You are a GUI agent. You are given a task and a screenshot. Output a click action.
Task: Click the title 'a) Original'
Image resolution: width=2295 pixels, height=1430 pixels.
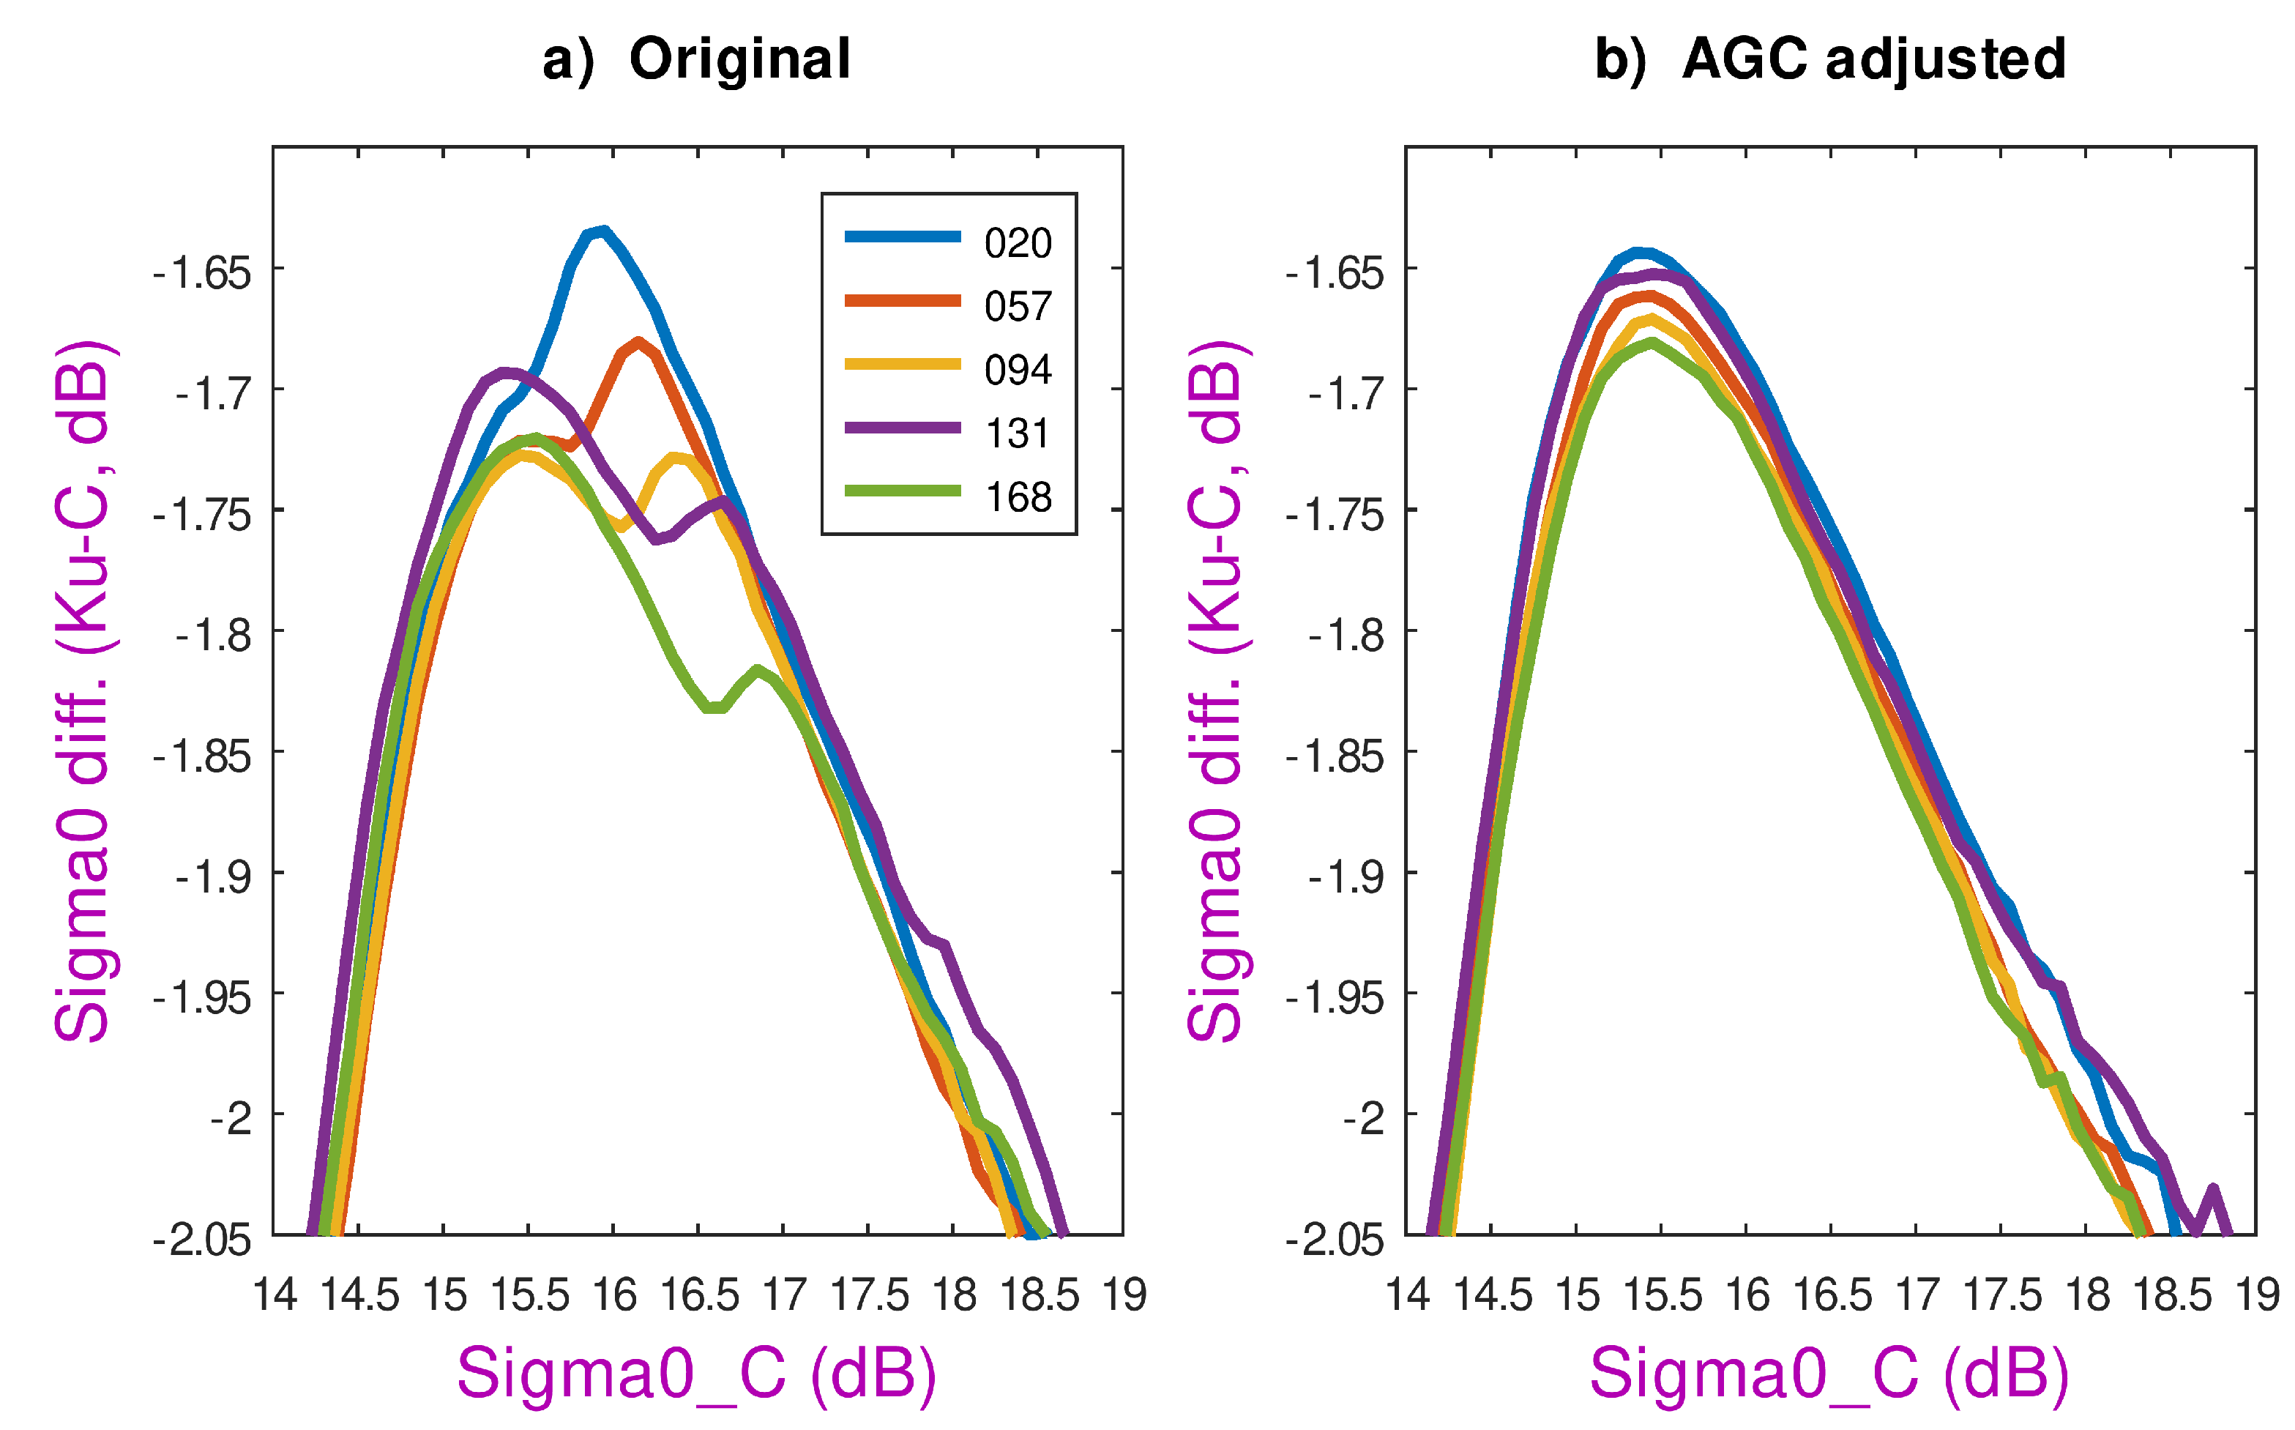pyautogui.click(x=697, y=59)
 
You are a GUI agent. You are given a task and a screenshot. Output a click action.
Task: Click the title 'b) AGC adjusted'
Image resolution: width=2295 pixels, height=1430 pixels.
pyautogui.click(x=1829, y=59)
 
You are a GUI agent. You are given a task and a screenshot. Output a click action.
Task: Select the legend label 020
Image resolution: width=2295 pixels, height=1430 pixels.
pyautogui.click(x=1018, y=244)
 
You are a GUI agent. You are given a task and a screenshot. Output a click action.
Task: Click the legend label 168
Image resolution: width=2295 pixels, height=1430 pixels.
pyautogui.click(x=1018, y=497)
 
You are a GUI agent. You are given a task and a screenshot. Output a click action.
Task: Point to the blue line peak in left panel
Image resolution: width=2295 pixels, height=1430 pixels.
pyautogui.click(x=602, y=231)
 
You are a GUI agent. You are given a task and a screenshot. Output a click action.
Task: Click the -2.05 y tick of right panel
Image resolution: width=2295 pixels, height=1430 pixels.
pyautogui.click(x=1335, y=1240)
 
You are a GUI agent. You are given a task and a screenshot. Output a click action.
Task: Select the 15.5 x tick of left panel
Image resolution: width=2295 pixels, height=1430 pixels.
pyautogui.click(x=529, y=1295)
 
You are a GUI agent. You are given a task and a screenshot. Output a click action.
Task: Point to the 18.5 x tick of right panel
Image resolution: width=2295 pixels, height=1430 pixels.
pyautogui.click(x=2172, y=1295)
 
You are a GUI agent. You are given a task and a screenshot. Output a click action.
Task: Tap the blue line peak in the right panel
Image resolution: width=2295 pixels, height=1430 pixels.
pyautogui.click(x=1641, y=253)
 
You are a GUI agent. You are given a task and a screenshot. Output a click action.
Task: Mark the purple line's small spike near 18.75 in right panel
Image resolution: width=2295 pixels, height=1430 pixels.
pyautogui.click(x=2213, y=1189)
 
